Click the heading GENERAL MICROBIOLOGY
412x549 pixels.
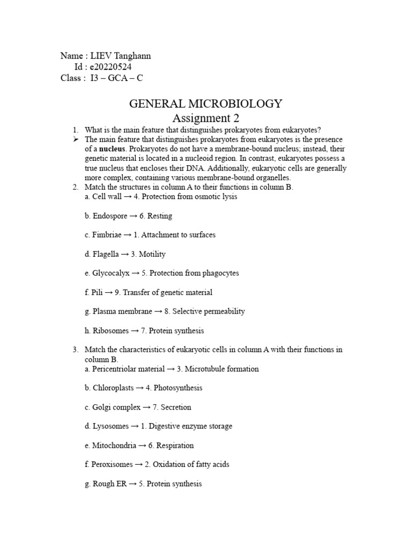(205, 103)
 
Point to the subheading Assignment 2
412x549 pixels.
(205, 117)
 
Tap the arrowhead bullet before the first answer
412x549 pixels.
(76, 139)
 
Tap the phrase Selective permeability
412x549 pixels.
(208, 311)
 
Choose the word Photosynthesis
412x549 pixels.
(178, 388)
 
